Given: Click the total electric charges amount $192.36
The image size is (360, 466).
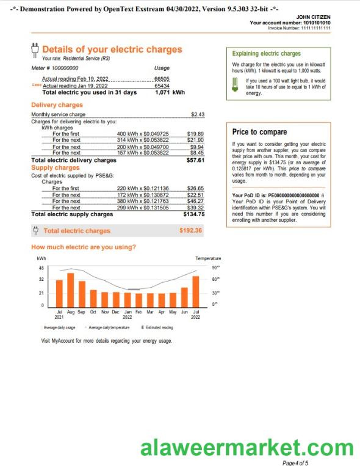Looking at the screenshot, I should pyautogui.click(x=191, y=230).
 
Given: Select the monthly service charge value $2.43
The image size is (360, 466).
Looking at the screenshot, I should pyautogui.click(x=197, y=114).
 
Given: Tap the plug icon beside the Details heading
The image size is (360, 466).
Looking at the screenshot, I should pyautogui.click(x=35, y=49).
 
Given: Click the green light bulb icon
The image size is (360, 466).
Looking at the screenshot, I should pyautogui.click(x=236, y=87).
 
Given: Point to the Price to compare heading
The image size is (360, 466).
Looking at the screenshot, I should pyautogui.click(x=259, y=132).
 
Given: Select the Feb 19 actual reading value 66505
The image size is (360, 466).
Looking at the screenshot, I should pyautogui.click(x=162, y=79).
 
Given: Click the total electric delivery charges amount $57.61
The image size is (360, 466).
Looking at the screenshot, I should pyautogui.click(x=195, y=160).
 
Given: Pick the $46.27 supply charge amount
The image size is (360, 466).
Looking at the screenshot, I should pyautogui.click(x=195, y=201).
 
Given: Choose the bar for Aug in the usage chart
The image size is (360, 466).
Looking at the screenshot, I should pyautogui.click(x=70, y=289).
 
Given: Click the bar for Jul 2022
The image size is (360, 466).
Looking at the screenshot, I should pyautogui.click(x=196, y=291).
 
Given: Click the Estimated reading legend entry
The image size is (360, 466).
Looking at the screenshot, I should pyautogui.click(x=157, y=327).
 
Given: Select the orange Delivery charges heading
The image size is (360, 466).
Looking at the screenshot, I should pyautogui.click(x=57, y=105).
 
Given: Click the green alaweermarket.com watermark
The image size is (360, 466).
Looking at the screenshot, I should pyautogui.click(x=247, y=449).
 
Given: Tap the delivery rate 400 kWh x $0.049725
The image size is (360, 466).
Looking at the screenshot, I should pyautogui.click(x=142, y=133).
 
